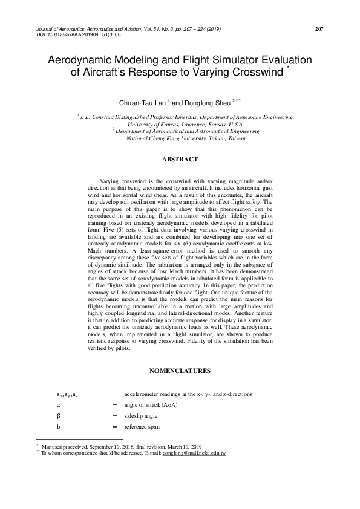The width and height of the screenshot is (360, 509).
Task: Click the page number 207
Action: (x=320, y=29)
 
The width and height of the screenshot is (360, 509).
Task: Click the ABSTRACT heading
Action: (x=180, y=159)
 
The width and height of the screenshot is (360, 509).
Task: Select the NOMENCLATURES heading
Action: (x=180, y=369)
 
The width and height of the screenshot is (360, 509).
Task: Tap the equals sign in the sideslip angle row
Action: (x=114, y=416)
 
